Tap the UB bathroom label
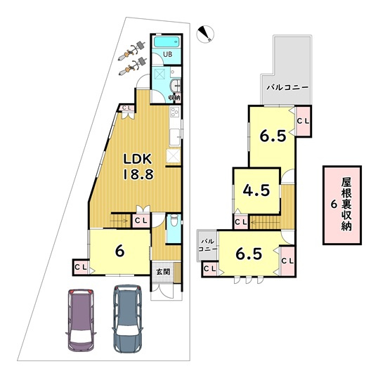pyautogui.click(x=168, y=55)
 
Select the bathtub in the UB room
pyautogui.click(x=169, y=44)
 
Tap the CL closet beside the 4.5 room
pyautogui.click(x=240, y=222)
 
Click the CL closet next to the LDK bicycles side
pyautogui.click(x=127, y=107)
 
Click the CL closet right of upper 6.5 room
pyautogui.click(x=303, y=122)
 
